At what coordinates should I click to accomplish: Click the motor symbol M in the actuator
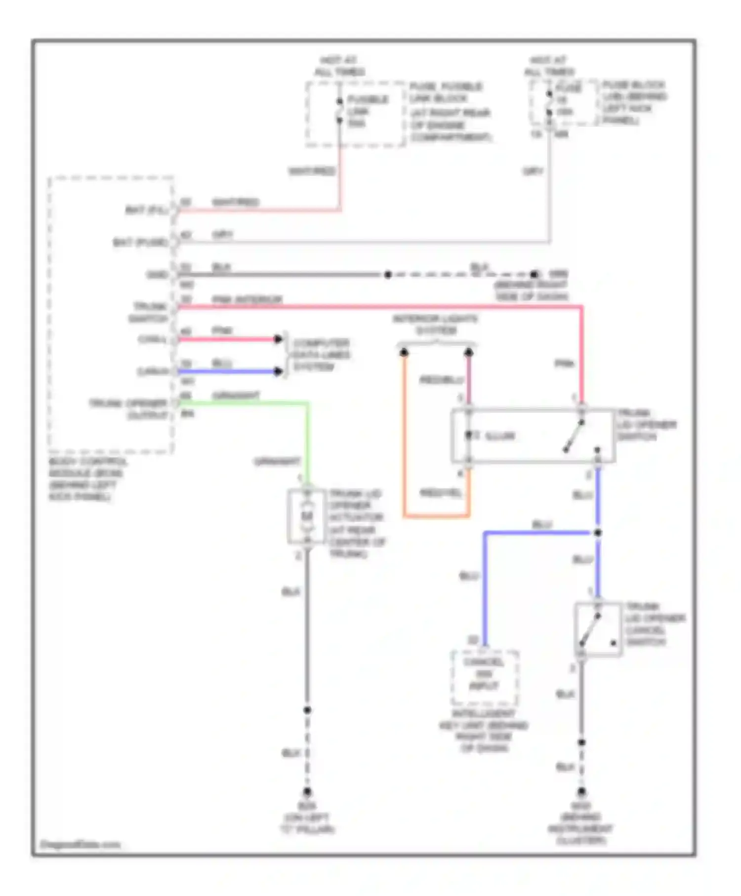[x=307, y=517]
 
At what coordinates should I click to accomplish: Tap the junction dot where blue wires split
[x=598, y=533]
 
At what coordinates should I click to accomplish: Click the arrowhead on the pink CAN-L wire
[x=279, y=339]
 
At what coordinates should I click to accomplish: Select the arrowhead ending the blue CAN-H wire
[x=279, y=371]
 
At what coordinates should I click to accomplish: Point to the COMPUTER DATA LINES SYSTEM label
[x=321, y=355]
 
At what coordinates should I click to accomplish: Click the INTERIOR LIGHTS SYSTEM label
[x=436, y=325]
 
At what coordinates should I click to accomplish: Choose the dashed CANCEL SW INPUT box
[x=484, y=677]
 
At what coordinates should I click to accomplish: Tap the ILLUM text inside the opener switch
[x=500, y=436]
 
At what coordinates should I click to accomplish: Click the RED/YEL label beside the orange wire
[x=441, y=493]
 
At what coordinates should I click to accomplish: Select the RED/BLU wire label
[x=442, y=380]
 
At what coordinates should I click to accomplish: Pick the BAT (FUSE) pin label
[x=140, y=243]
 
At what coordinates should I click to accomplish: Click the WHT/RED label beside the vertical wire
[x=312, y=171]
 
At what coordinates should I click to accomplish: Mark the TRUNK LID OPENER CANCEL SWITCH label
[x=655, y=624]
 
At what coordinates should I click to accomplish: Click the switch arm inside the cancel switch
[x=590, y=630]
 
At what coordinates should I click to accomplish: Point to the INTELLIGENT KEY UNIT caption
[x=484, y=731]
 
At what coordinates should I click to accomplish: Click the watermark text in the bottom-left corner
[x=80, y=844]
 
